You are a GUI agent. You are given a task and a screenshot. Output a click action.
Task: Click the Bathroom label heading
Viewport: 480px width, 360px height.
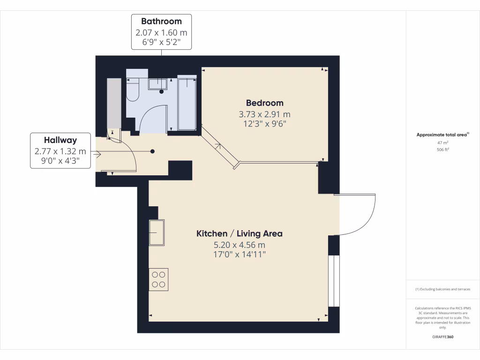coord(161,21)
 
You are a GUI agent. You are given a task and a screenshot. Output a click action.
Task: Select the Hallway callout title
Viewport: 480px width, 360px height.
coord(60,140)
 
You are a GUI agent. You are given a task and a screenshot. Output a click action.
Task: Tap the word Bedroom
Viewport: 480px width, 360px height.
coord(265,103)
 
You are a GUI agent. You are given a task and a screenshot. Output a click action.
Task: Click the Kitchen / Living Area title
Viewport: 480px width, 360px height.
coord(239,233)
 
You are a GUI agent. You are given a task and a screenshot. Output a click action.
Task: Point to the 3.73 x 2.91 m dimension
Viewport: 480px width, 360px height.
coord(265,114)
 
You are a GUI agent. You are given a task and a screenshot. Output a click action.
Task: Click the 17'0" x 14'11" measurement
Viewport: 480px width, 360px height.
coord(239,255)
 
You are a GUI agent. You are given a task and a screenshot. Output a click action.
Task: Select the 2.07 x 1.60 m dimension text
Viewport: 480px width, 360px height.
coord(161,33)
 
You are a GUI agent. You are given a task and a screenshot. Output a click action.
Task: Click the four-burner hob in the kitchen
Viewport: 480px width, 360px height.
coord(158,279)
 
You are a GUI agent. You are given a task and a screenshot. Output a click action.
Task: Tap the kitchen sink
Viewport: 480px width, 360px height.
coord(157,232)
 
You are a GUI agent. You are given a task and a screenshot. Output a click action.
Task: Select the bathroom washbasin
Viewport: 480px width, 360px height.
coord(158,84)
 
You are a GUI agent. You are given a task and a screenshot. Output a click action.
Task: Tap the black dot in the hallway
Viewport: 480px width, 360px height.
coord(153,151)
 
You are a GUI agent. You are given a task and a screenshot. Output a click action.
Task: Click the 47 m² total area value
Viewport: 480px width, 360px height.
coord(443,142)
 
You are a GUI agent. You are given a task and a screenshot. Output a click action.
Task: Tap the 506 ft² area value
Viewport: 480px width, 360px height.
coord(443,150)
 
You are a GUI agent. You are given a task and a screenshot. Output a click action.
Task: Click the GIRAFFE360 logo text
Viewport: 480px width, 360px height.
coord(443,337)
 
